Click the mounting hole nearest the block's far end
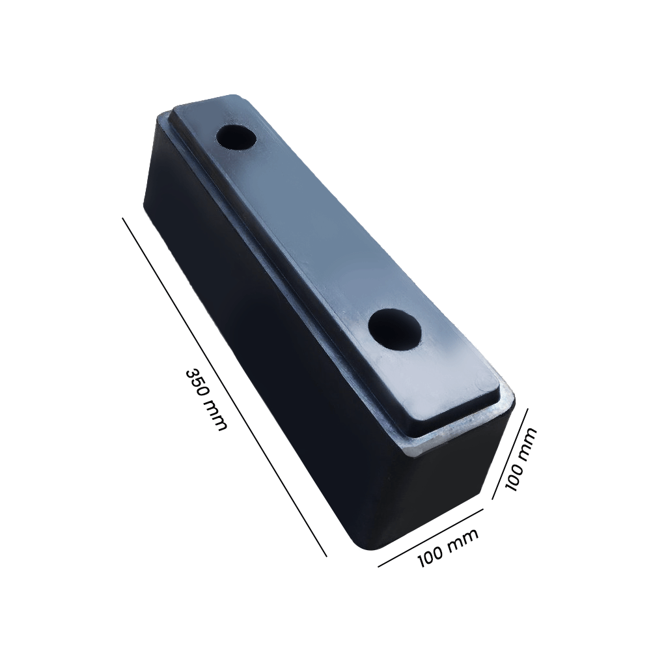(x=237, y=137)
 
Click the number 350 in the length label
(x=196, y=382)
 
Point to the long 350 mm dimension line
(x=224, y=387)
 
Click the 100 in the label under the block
(x=431, y=555)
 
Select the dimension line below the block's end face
(x=430, y=537)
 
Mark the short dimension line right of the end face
(x=510, y=453)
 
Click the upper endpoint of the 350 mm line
(x=123, y=219)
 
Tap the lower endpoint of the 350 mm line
(x=325, y=556)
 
